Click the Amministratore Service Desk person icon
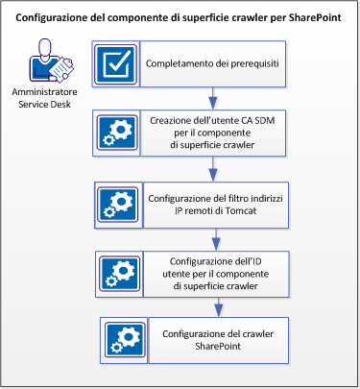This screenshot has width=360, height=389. point(43,65)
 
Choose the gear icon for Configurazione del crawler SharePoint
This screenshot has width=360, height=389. point(125,340)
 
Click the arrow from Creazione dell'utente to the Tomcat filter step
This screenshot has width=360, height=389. point(212,168)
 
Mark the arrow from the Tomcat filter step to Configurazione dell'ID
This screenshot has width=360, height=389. point(214,240)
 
